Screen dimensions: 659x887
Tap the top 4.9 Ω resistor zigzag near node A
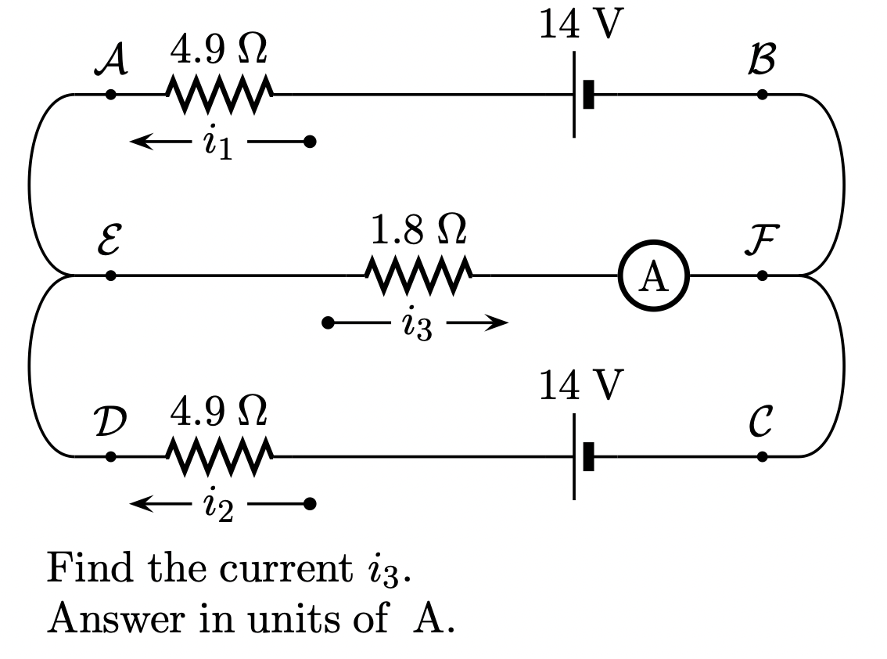tap(219, 95)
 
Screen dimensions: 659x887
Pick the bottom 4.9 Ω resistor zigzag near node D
tap(219, 456)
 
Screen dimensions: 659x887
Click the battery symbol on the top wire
tap(582, 95)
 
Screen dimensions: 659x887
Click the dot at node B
tap(763, 95)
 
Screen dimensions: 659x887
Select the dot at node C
tap(763, 456)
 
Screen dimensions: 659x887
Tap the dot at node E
tap(111, 276)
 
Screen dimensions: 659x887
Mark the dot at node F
tap(763, 276)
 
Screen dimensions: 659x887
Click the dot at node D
tap(111, 456)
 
